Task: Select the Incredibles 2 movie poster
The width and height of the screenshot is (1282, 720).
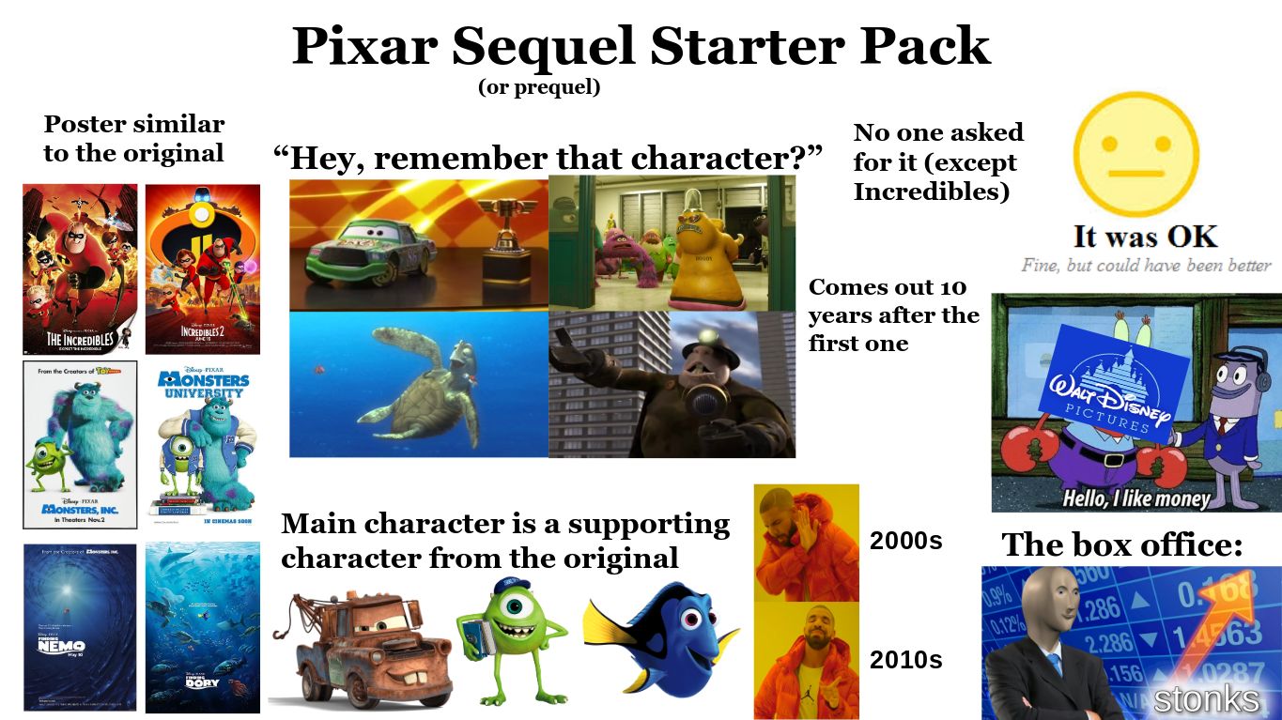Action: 203,268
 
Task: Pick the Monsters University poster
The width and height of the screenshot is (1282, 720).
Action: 203,444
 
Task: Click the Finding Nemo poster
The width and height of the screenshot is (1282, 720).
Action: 80,627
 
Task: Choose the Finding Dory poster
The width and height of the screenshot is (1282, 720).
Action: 203,627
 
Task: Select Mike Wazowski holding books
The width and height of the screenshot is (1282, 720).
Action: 509,638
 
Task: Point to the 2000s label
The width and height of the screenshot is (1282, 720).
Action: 905,542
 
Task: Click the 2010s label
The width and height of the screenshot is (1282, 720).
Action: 905,660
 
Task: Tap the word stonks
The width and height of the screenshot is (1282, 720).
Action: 1206,698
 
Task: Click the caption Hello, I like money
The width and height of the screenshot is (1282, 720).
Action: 1135,499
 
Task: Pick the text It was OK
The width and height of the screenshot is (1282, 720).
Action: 1146,236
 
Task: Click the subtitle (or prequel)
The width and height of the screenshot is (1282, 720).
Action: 538,88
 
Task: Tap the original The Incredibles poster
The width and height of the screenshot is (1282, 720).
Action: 80,268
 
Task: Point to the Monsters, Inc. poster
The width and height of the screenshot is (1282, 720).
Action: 80,444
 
